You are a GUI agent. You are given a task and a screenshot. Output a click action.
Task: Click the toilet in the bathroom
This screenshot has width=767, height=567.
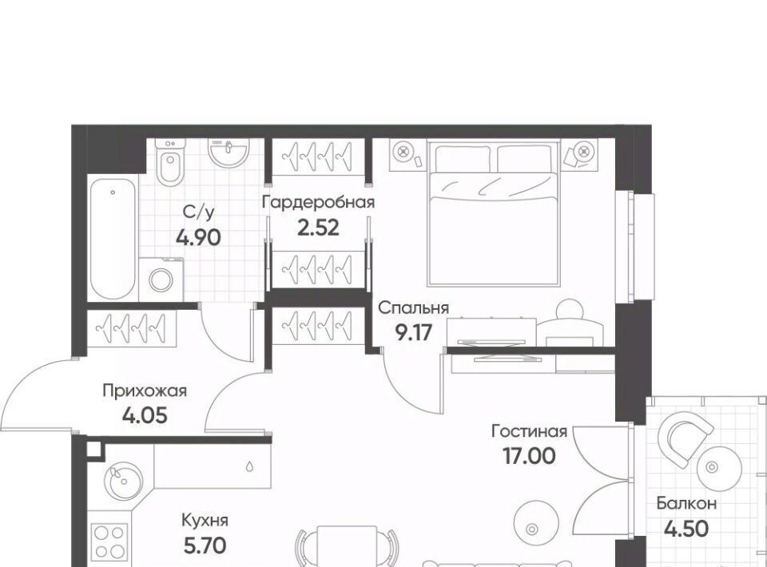(x=170, y=161)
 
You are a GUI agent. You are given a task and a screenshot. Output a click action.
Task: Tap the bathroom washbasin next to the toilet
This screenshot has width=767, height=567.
(x=229, y=152)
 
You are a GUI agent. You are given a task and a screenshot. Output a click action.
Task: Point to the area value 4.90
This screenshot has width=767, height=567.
(x=199, y=237)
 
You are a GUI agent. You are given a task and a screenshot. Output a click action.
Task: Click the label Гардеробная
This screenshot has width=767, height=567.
(x=319, y=202)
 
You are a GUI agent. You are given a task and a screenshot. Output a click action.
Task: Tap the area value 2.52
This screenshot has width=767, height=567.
(x=319, y=228)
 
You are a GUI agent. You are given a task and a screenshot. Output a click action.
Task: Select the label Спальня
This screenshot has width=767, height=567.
(x=414, y=308)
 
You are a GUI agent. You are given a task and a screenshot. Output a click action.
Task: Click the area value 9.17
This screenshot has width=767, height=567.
(x=414, y=333)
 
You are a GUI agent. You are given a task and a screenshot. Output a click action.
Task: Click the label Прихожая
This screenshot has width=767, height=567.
(x=145, y=391)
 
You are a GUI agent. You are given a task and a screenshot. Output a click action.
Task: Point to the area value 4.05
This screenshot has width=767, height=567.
(x=145, y=416)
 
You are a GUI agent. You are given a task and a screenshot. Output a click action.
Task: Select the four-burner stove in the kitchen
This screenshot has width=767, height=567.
(x=109, y=542)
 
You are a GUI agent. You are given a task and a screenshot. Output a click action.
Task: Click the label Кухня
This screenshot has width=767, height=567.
(x=205, y=520)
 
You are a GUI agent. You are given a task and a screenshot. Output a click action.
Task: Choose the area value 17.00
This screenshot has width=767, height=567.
(x=529, y=456)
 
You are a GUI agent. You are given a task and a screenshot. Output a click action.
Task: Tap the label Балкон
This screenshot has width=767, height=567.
(x=687, y=503)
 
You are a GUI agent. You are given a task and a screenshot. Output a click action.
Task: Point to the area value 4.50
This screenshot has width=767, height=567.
(x=687, y=529)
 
